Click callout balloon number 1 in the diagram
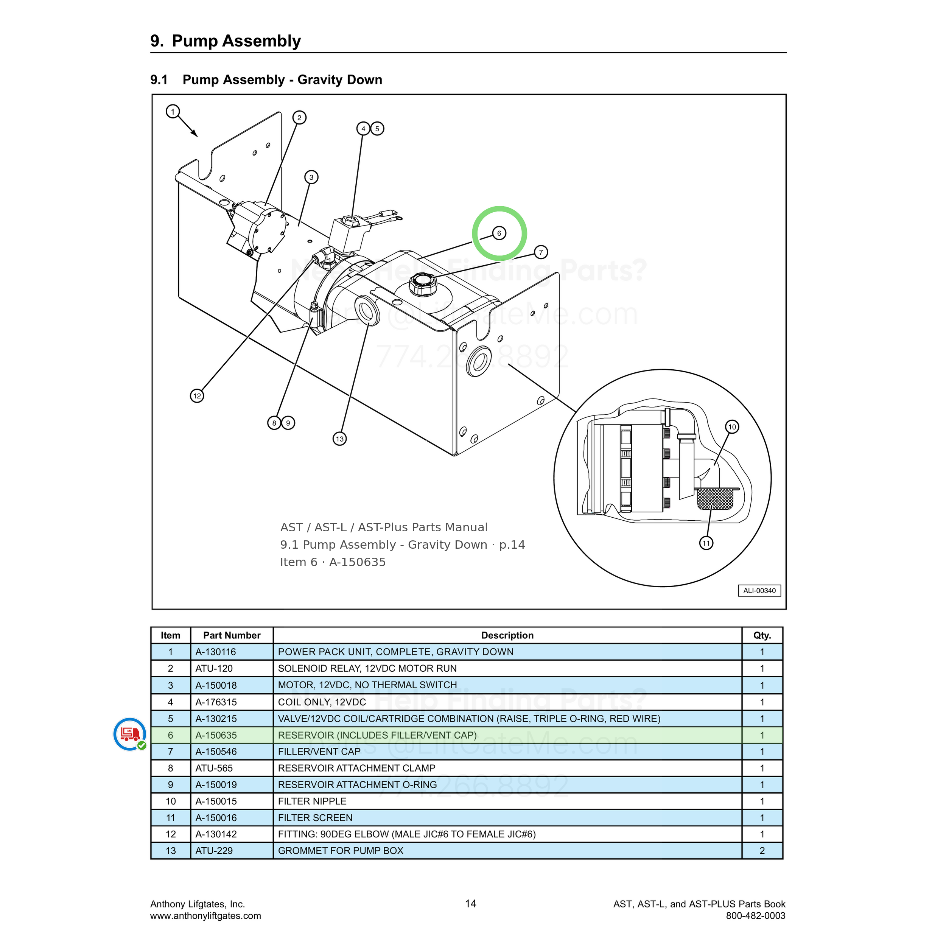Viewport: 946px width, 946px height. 172,112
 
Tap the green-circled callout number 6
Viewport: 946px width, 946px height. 499,233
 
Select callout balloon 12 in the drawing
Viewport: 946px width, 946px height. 197,396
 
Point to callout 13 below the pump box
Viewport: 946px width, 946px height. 340,438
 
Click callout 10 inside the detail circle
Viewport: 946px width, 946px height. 732,427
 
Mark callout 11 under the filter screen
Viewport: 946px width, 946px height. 706,543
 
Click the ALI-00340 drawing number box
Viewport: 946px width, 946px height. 759,591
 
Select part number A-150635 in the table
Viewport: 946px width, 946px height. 216,735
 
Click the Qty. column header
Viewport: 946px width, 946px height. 762,635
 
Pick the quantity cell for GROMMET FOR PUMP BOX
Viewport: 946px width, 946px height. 762,851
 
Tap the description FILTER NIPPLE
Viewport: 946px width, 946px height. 312,801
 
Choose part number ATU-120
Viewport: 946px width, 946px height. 214,668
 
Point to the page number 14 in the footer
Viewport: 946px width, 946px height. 471,903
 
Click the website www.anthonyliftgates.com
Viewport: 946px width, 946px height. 205,916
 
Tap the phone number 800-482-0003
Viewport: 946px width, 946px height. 756,916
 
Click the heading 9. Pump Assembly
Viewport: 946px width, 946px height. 226,40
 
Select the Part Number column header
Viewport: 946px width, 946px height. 232,635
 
